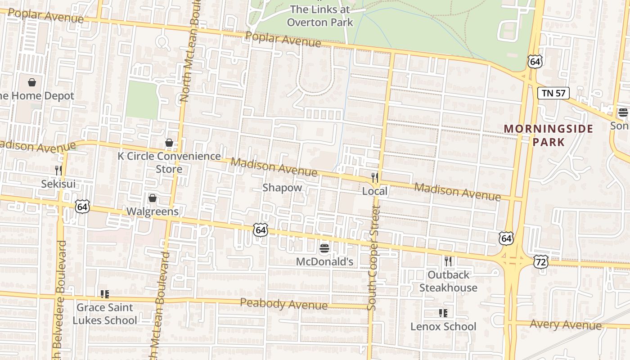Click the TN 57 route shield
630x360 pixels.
coord(553,93)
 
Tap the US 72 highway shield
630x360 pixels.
coord(542,261)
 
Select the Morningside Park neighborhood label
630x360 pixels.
coord(548,135)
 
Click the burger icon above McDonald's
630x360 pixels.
coord(324,248)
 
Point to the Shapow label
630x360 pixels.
coord(282,188)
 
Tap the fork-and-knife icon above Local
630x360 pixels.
coord(374,177)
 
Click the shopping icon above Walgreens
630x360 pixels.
coord(153,198)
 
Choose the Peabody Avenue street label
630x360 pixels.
coord(283,304)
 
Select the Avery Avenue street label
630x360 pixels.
coord(565,324)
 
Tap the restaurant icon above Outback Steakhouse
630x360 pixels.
coord(448,261)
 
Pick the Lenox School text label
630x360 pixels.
coord(443,326)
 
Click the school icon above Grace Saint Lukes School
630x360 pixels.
coord(105,294)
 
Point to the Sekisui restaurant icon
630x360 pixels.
coord(58,170)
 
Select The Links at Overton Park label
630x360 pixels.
coord(319,16)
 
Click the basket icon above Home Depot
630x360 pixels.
coord(32,82)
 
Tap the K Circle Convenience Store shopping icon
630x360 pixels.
coord(169,143)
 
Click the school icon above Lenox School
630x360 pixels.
coord(443,313)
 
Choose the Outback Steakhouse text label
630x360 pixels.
coord(448,281)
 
